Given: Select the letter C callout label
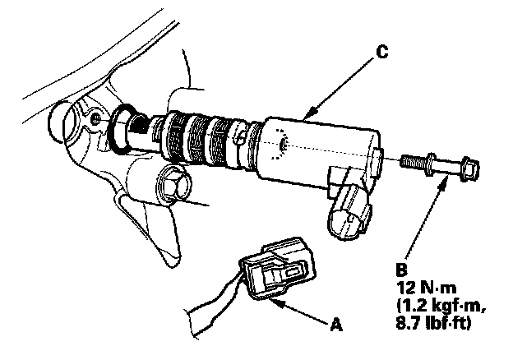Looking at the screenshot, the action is [x=381, y=52].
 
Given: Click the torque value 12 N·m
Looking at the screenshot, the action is [x=424, y=285].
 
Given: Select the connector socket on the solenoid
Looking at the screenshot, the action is [x=349, y=210].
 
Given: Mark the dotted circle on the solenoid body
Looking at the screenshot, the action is [x=280, y=143].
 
